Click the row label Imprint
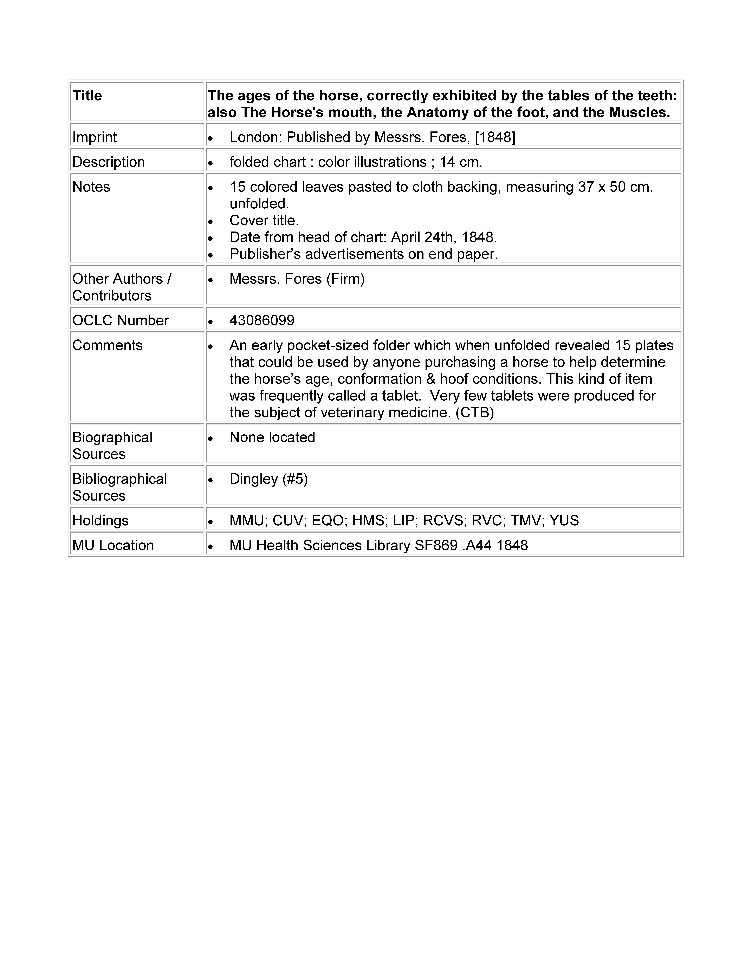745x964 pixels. point(95,137)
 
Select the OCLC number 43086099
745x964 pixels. point(262,320)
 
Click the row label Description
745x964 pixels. point(109,162)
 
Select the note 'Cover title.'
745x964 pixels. point(264,220)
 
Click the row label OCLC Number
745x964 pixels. point(121,320)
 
